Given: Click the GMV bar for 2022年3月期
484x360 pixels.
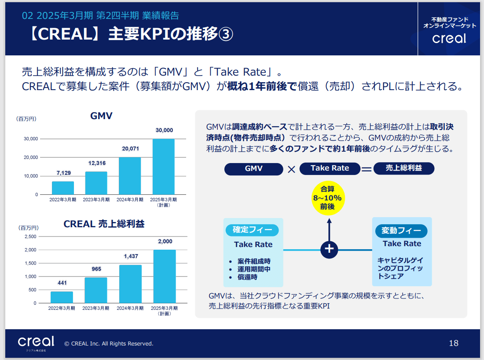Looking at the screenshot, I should (63, 188).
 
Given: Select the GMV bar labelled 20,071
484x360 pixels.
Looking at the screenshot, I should (130, 176).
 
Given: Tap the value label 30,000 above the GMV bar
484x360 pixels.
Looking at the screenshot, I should (164, 130).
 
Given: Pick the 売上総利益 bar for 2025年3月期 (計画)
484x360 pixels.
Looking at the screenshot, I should (165, 276).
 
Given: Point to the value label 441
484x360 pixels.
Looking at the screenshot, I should (62, 283).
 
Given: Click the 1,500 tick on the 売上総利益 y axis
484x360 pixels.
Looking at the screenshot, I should (30, 263).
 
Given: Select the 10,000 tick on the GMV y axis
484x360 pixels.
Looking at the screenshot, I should (30, 176).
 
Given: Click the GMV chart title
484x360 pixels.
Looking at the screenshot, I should (101, 116).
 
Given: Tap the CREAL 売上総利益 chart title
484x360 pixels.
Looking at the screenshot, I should (104, 224).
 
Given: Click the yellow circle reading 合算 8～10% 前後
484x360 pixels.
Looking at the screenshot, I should (327, 198).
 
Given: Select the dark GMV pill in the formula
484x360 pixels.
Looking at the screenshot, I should (253, 169).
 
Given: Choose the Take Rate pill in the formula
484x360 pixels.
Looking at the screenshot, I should (330, 168).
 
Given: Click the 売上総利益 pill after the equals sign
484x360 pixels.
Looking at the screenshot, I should (403, 168).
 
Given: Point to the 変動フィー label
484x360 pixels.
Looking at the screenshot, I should (401, 230).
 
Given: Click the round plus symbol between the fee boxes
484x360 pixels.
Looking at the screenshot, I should (329, 249).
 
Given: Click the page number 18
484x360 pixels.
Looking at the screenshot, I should (454, 343).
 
